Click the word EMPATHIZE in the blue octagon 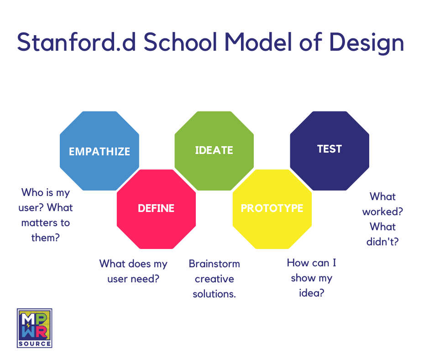pos(99,151)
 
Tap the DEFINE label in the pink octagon pos(156,208)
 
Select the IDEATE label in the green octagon pos(214,150)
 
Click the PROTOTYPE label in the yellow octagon pos(272,208)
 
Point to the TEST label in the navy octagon pos(330,149)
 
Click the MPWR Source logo pos(35,327)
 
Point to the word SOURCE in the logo pos(35,343)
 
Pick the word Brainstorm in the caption pos(214,264)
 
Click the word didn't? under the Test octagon pos(382,241)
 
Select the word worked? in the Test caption pos(382,212)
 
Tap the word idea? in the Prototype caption pos(311,293)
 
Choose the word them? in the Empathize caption pos(46,238)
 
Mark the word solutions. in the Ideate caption pos(214,294)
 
